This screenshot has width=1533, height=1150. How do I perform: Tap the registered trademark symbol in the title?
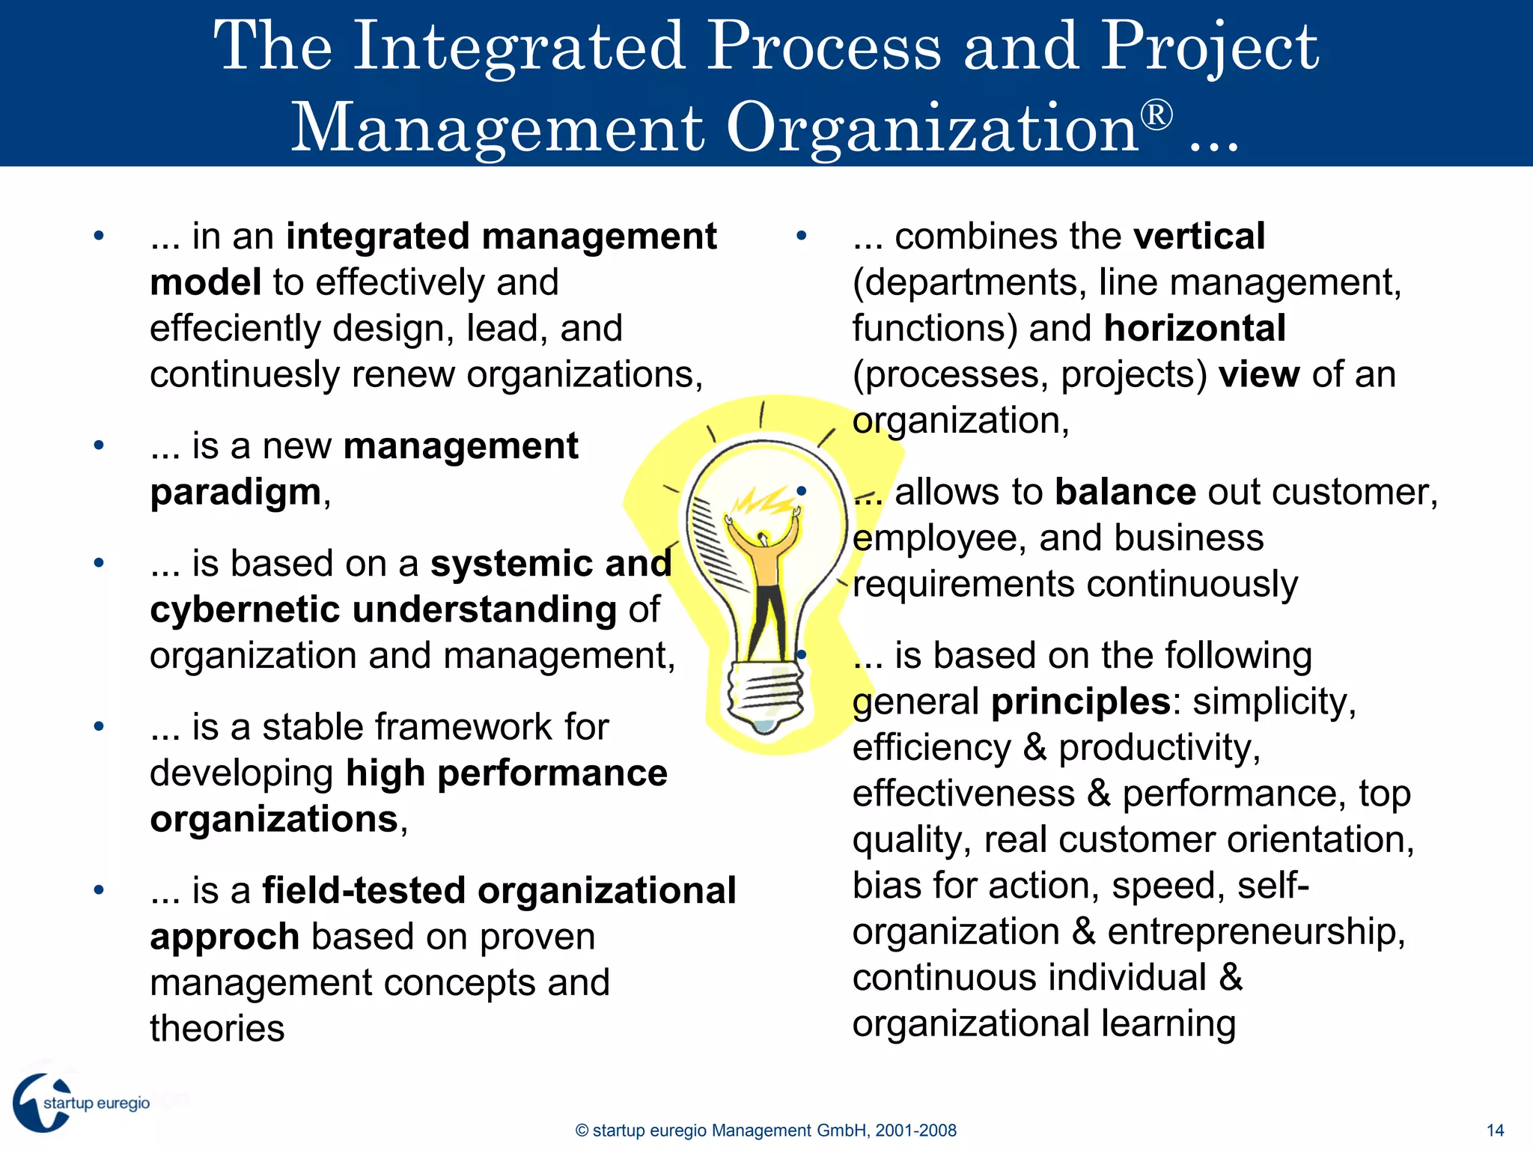pyautogui.click(x=1156, y=116)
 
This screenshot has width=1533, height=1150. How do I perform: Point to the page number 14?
pyautogui.click(x=1495, y=1131)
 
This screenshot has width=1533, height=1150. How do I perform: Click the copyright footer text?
pyautogui.click(x=766, y=1131)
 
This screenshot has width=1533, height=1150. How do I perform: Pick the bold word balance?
pyautogui.click(x=1125, y=493)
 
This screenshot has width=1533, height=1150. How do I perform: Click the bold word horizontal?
pyautogui.click(x=1195, y=329)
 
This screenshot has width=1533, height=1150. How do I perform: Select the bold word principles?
pyautogui.click(x=1081, y=702)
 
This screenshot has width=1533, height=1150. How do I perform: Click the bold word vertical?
pyautogui.click(x=1199, y=237)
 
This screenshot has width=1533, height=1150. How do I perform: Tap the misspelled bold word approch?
pyautogui.click(x=225, y=937)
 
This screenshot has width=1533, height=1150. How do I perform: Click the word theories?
pyautogui.click(x=217, y=1029)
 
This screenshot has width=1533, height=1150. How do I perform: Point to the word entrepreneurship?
pyautogui.click(x=1255, y=932)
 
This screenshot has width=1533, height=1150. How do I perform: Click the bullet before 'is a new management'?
pyautogui.click(x=99, y=445)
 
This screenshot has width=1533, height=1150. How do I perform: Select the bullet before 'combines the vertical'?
pyautogui.click(x=802, y=236)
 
